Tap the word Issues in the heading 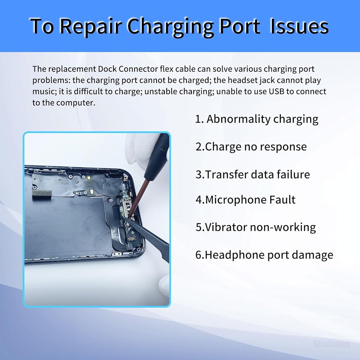click(x=299, y=26)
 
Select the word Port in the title click(x=240, y=26)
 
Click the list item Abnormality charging click(x=257, y=119)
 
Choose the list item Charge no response click(x=251, y=147)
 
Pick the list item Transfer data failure click(x=253, y=174)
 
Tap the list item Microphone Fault click(x=246, y=199)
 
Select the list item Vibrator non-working click(x=256, y=227)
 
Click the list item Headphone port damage click(x=264, y=255)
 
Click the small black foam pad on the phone click(x=42, y=194)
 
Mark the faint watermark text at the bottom click(x=332, y=344)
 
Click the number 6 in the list click(x=198, y=255)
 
